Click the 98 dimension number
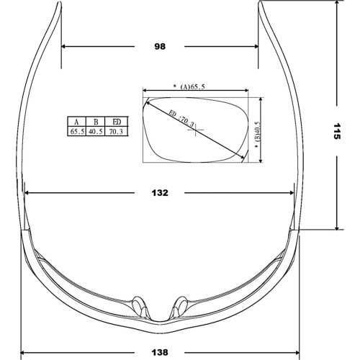click(x=160, y=46)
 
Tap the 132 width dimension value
click(x=160, y=193)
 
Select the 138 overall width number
click(x=160, y=353)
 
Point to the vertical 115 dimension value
click(x=337, y=131)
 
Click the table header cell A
click(x=76, y=122)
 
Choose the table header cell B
click(x=96, y=122)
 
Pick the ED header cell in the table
click(x=117, y=122)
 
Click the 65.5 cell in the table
click(x=77, y=131)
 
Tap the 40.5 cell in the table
click(x=96, y=131)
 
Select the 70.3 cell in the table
click(x=116, y=131)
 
